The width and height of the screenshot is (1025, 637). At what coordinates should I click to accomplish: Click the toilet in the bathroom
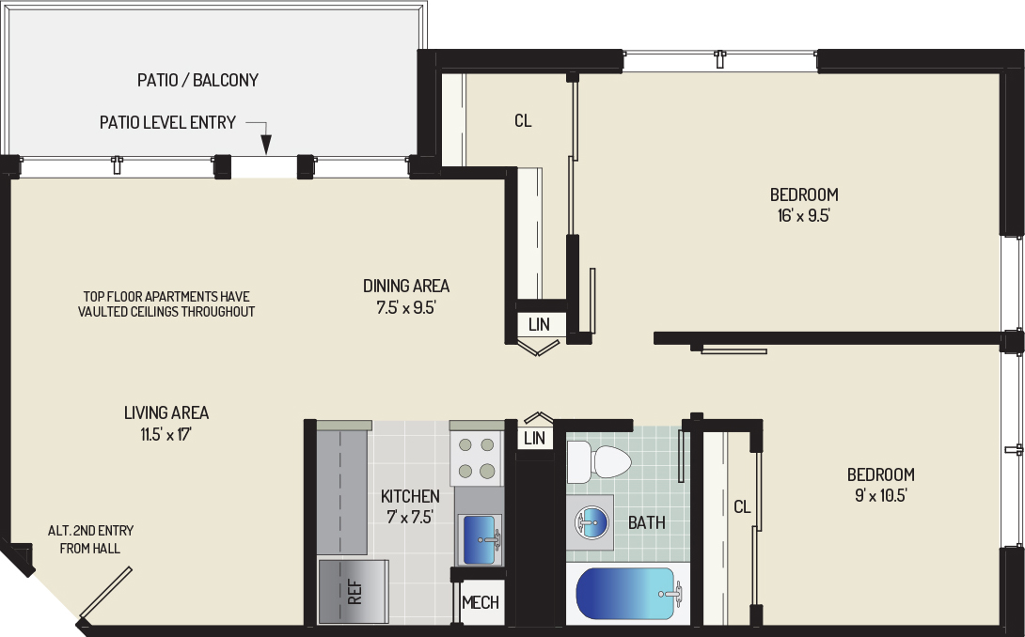click(598, 462)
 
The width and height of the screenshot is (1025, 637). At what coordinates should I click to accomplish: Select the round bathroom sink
click(591, 522)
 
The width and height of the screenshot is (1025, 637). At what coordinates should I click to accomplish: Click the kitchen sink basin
click(481, 539)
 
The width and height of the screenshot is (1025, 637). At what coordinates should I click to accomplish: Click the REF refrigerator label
click(355, 592)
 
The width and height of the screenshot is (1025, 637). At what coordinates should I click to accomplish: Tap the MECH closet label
click(481, 602)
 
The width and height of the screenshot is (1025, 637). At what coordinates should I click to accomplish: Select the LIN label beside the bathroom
click(535, 438)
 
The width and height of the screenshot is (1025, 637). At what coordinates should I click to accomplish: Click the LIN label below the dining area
click(540, 324)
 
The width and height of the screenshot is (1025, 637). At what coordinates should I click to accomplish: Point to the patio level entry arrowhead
click(266, 145)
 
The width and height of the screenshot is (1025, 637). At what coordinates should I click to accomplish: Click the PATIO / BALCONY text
click(198, 81)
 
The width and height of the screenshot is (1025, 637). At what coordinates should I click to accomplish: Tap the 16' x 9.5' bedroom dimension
click(803, 215)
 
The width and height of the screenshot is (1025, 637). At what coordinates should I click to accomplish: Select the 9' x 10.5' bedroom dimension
click(880, 495)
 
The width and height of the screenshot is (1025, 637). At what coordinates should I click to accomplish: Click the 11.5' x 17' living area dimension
click(166, 434)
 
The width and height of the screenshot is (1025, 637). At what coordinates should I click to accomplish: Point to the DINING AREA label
click(406, 286)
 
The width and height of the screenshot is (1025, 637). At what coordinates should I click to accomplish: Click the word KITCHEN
click(410, 496)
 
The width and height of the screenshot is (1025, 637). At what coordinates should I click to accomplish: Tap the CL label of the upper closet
click(523, 121)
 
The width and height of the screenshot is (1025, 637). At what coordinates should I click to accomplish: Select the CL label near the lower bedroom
click(742, 507)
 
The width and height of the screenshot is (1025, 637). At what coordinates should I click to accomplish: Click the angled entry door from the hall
click(105, 593)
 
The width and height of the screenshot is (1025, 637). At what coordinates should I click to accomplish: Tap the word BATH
click(647, 522)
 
